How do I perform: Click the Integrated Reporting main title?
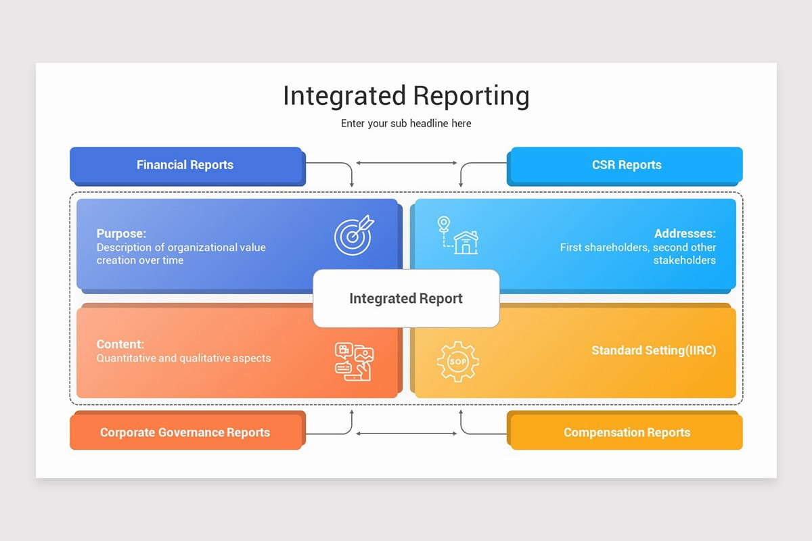pyautogui.click(x=406, y=96)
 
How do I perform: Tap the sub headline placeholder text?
pyautogui.click(x=406, y=124)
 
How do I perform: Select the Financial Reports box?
pyautogui.click(x=185, y=165)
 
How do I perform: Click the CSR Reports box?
pyautogui.click(x=626, y=165)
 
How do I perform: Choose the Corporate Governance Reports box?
pyautogui.click(x=185, y=433)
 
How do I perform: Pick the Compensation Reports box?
pyautogui.click(x=626, y=433)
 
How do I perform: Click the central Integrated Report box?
pyautogui.click(x=406, y=298)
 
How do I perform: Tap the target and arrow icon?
pyautogui.click(x=353, y=235)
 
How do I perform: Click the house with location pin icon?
pyautogui.click(x=457, y=235)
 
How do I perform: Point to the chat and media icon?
pyautogui.click(x=354, y=361)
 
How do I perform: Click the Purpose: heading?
pyautogui.click(x=121, y=234)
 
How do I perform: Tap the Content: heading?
pyautogui.click(x=120, y=344)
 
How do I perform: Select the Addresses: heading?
pyautogui.click(x=685, y=234)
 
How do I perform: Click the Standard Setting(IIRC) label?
pyautogui.click(x=653, y=350)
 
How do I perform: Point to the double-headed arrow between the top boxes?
pyautogui.click(x=406, y=163)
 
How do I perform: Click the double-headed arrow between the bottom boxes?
pyautogui.click(x=406, y=433)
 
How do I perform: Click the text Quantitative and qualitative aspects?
pyautogui.click(x=183, y=358)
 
